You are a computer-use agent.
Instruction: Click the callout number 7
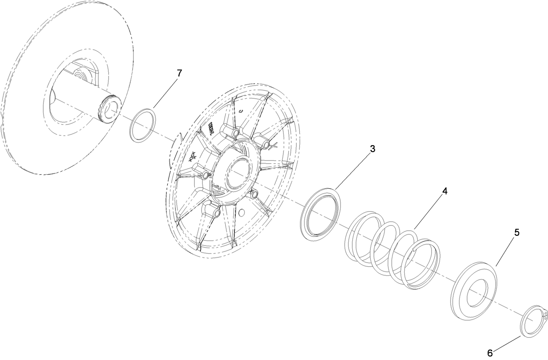(179, 74)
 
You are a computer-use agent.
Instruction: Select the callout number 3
(372, 149)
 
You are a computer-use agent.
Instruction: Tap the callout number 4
(445, 191)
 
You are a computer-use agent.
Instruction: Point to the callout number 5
(516, 232)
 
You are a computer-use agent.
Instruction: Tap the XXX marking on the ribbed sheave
(193, 156)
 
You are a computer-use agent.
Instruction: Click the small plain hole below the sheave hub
(242, 214)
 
